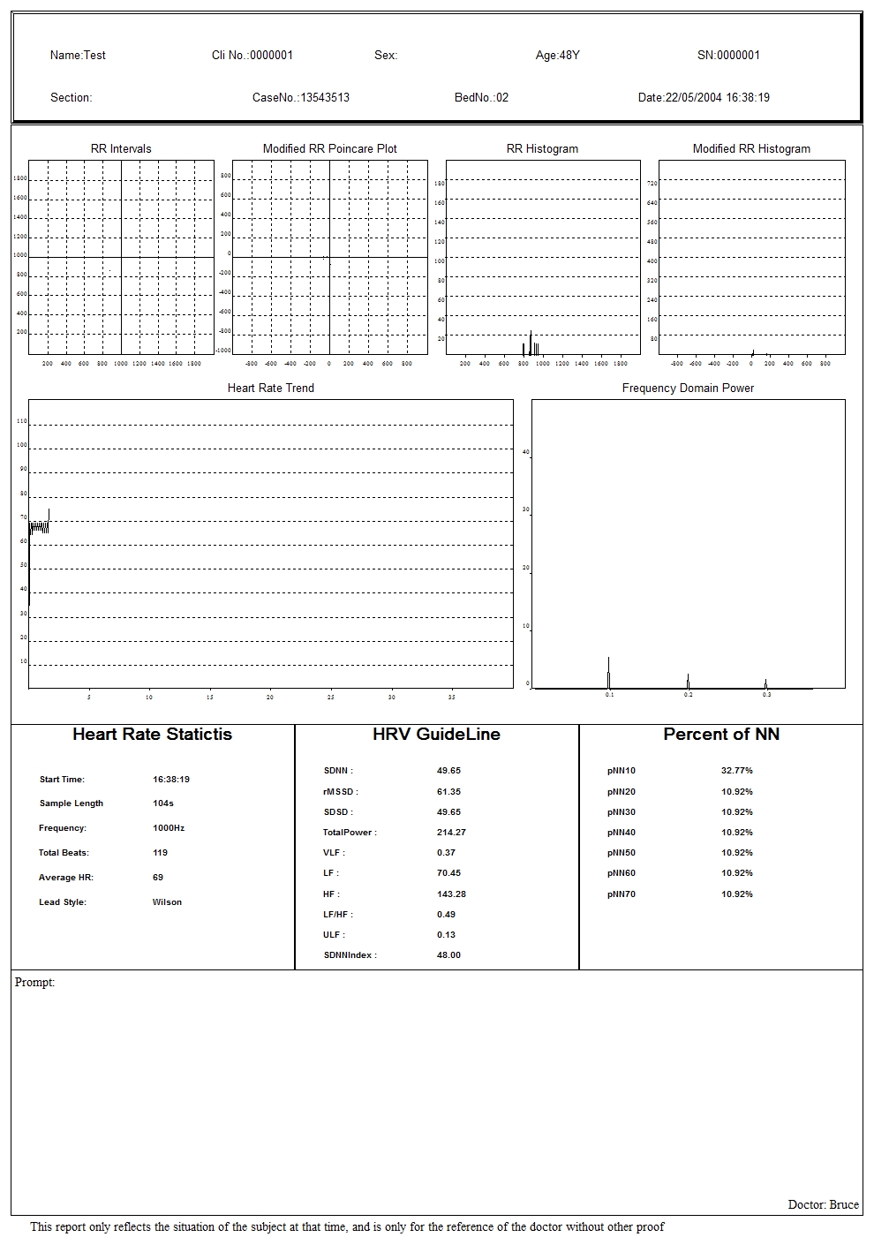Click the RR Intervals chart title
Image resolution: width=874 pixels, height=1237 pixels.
point(121,148)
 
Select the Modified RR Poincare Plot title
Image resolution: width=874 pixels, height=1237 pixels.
point(329,148)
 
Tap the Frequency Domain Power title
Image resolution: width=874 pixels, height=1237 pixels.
point(688,388)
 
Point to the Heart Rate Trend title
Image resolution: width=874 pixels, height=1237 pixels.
point(270,388)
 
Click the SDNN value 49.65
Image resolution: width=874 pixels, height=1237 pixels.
point(448,771)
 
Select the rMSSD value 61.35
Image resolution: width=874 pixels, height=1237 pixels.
point(448,792)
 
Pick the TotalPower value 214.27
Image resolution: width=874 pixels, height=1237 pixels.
point(451,832)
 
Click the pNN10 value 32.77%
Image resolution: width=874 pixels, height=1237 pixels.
point(736,771)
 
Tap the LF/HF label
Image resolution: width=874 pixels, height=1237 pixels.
point(338,914)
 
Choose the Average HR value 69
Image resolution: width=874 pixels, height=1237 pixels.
point(158,878)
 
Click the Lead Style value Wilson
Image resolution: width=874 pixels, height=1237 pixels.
point(167,902)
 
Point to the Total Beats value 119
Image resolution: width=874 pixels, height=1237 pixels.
point(160,853)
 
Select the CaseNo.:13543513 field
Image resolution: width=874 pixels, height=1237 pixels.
point(301,98)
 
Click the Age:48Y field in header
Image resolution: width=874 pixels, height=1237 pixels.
point(557,56)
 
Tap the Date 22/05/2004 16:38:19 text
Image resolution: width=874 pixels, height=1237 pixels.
point(704,98)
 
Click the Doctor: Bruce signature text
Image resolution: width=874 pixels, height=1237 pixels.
point(823,1204)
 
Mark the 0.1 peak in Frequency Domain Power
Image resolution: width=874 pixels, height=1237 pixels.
point(608,671)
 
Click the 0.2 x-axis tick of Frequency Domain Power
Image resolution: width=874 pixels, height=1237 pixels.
point(688,696)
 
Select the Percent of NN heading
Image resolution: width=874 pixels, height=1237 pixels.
point(721,735)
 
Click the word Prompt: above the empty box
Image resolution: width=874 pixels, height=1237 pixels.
point(34,983)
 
